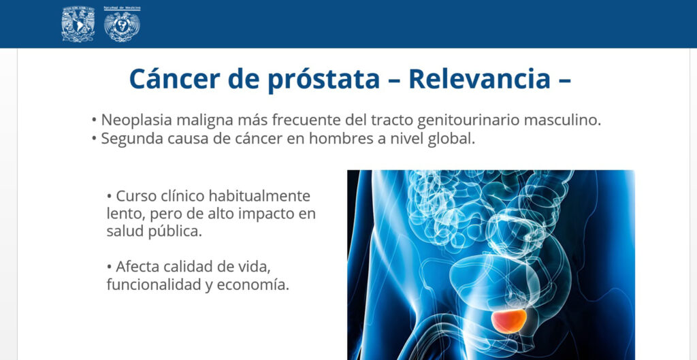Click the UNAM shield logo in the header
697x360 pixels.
click(78, 24)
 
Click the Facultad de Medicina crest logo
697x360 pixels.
click(122, 24)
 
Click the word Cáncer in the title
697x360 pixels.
click(175, 79)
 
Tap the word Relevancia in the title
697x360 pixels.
click(480, 79)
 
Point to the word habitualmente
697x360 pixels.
click(259, 195)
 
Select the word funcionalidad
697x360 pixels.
click(154, 285)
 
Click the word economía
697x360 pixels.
click(253, 285)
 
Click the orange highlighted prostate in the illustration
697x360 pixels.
click(509, 321)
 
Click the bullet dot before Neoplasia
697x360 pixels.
click(94, 121)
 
